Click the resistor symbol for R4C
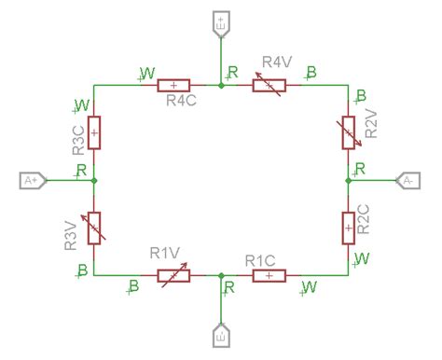(173, 86)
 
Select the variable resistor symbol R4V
(269, 86)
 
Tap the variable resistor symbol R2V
(348, 132)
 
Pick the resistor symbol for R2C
(348, 226)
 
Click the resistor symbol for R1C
(268, 275)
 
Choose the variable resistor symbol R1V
(173, 275)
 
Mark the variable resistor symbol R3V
(94, 228)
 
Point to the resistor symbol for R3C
(94, 132)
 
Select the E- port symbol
(221, 333)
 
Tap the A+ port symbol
(31, 179)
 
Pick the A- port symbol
(410, 179)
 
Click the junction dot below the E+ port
(221, 86)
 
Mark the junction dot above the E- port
(221, 275)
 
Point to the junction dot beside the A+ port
(94, 179)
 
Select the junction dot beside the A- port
(348, 179)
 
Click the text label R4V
(278, 62)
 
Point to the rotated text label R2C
(366, 219)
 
